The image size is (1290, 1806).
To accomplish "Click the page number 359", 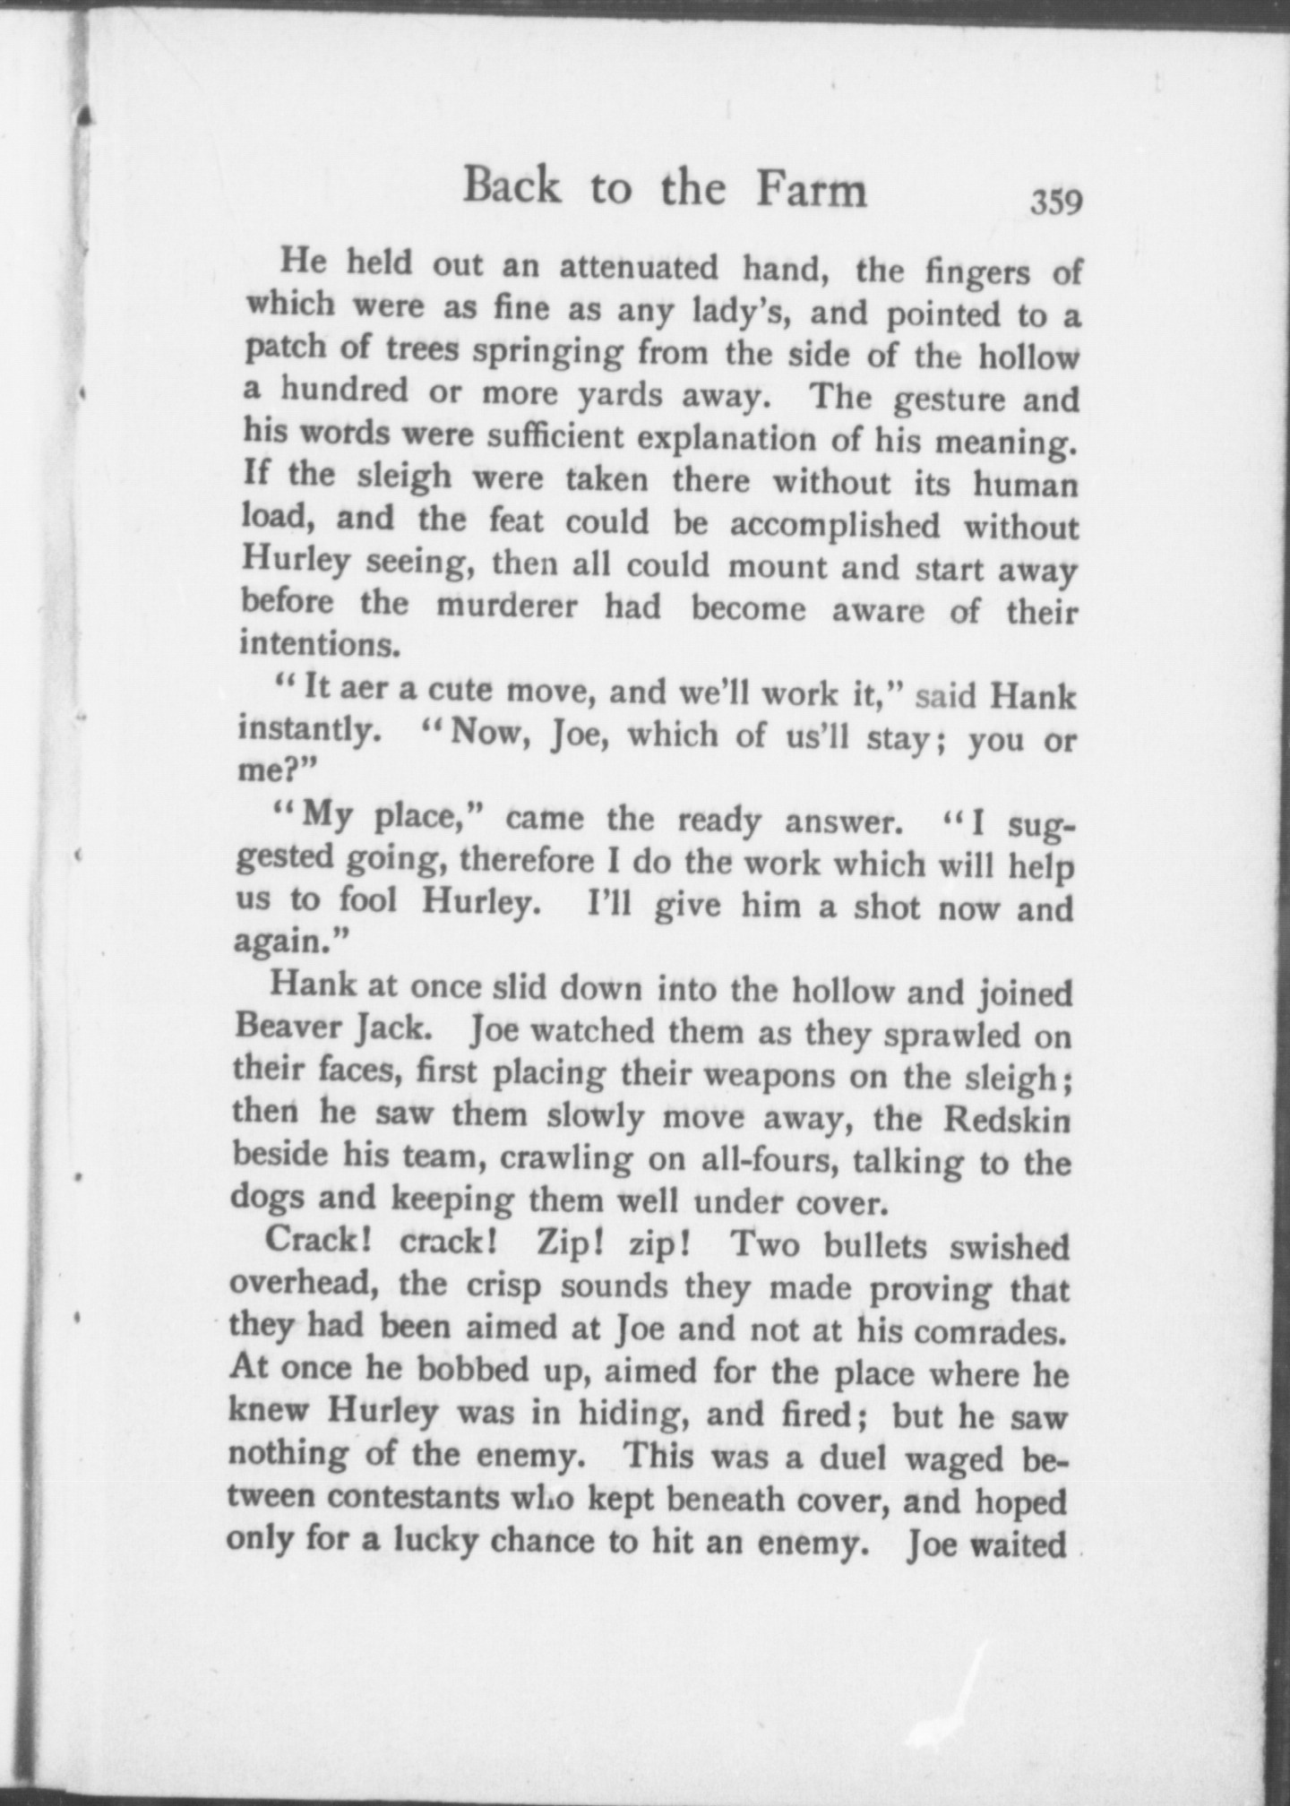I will pyautogui.click(x=1056, y=200).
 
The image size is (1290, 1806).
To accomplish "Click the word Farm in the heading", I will pyautogui.click(x=813, y=189).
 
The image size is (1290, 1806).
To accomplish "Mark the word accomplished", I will pyautogui.click(x=835, y=524).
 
